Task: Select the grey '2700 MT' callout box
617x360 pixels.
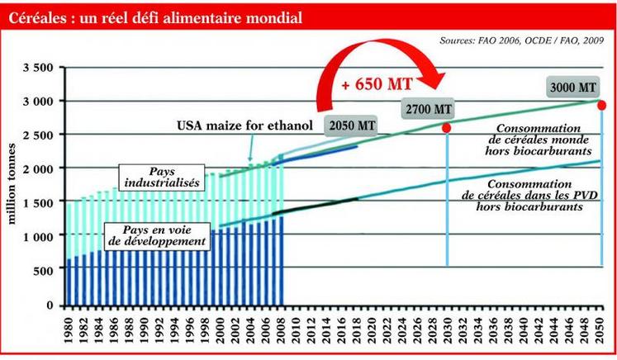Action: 428,108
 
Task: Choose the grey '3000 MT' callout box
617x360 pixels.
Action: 571,87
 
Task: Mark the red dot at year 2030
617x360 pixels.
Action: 446,129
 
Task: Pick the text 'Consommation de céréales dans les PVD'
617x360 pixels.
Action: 529,191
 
